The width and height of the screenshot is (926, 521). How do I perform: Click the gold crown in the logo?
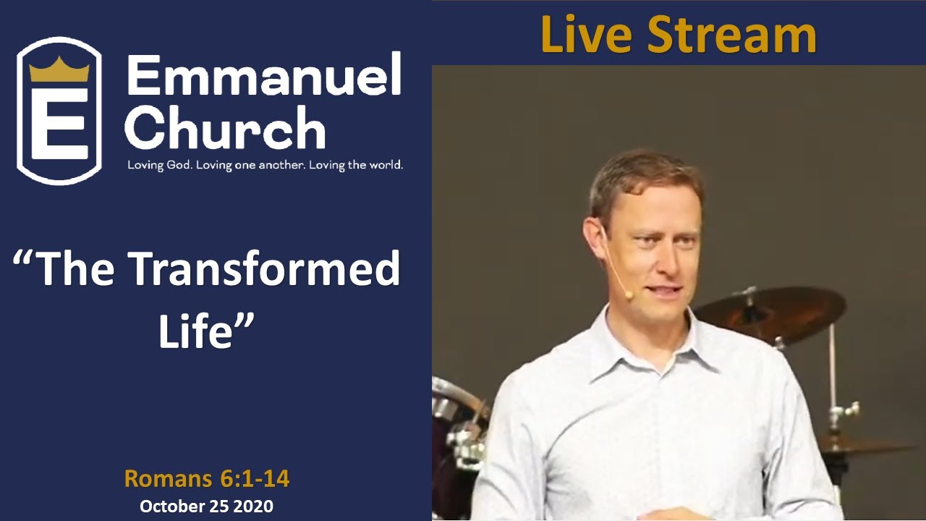pyautogui.click(x=59, y=70)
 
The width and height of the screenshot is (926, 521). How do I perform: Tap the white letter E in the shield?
pyautogui.click(x=59, y=123)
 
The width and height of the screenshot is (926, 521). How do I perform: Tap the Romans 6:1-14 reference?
pyautogui.click(x=207, y=478)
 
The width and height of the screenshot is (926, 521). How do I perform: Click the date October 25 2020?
pyautogui.click(x=207, y=507)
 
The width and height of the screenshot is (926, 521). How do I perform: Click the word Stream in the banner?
pyautogui.click(x=731, y=35)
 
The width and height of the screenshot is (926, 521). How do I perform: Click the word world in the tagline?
pyautogui.click(x=385, y=165)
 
